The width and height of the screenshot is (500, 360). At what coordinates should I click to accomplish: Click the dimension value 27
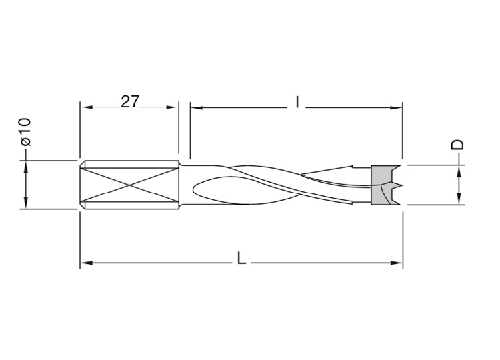pos(130,101)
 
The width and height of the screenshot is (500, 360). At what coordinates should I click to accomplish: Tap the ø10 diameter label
pos(25,132)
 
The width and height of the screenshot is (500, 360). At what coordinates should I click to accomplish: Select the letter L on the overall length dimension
pos(242,258)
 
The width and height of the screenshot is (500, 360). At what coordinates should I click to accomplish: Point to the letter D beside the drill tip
pos(457,145)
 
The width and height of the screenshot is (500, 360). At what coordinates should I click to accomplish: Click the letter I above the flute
pos(297,103)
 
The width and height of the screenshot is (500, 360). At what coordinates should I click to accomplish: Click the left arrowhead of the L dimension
pos(87,263)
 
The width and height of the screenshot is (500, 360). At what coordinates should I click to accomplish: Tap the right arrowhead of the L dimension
pos(397,263)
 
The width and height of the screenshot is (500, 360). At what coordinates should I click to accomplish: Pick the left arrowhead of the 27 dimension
pos(87,107)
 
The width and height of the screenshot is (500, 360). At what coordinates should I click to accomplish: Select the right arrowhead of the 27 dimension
pos(172,107)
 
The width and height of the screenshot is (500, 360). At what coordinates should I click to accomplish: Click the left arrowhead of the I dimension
pos(197,108)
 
